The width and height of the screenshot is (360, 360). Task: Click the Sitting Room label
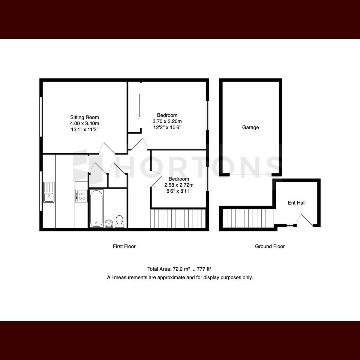(x=84, y=117)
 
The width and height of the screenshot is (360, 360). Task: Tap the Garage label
(x=250, y=127)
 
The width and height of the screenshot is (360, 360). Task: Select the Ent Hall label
(x=296, y=203)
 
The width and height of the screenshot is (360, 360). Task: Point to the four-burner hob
(x=81, y=196)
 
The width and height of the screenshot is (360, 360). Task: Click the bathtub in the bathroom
(x=97, y=208)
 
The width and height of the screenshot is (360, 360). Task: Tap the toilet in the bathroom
(x=120, y=221)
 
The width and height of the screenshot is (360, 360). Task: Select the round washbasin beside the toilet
(x=109, y=223)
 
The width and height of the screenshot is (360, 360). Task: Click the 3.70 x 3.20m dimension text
(x=167, y=121)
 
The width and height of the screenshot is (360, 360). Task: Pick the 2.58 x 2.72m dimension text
(x=179, y=185)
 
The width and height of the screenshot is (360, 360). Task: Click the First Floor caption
(x=124, y=246)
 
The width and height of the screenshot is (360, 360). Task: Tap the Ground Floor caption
(x=270, y=246)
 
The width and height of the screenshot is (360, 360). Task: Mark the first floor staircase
(x=178, y=218)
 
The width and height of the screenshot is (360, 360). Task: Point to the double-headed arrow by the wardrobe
(x=138, y=117)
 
